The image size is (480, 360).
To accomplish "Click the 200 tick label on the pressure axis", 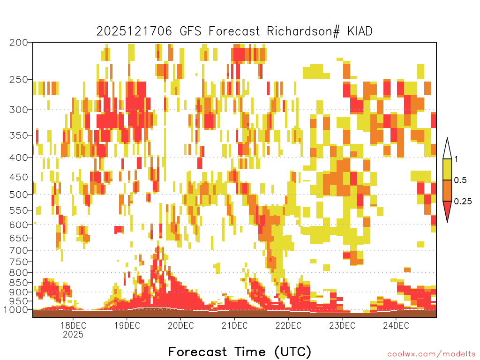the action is pos(18,43).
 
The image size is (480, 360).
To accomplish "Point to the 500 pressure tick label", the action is pos(18,195).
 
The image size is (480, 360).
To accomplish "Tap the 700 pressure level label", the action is pos(18,250).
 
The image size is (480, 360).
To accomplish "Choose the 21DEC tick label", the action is pos(234,325).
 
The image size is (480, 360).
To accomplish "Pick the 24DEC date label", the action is pos(396,325).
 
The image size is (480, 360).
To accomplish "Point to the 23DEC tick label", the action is pos(342,325).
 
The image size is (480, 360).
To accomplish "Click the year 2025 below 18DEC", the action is pos(73,334).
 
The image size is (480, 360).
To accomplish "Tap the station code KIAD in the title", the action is pos(360,31).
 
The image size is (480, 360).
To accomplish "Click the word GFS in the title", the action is pos(190,31).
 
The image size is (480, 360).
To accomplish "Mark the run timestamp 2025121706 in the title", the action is pos(134,31).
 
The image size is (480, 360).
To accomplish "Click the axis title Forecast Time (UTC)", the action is pos(240,352).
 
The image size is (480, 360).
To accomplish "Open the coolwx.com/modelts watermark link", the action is pos(431,354).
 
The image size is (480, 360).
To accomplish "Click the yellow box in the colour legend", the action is pos(447,169).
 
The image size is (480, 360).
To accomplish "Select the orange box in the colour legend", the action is pos(447,190).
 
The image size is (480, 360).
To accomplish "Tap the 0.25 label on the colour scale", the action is pos(463,202).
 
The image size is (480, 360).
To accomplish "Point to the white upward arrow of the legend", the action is pos(447,149).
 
